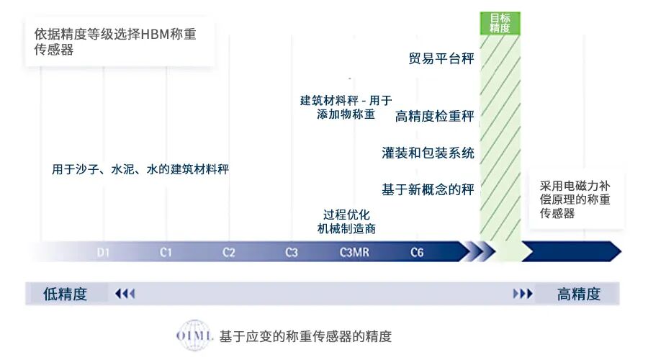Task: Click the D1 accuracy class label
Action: (104, 253)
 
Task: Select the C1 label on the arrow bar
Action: (166, 253)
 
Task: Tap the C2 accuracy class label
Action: (228, 253)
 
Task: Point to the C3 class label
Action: (291, 253)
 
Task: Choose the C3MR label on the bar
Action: (354, 253)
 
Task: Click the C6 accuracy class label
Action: (417, 253)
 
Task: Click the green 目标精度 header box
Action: (500, 23)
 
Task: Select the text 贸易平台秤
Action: (441, 59)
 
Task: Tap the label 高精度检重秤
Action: (434, 116)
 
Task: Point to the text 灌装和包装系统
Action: (428, 153)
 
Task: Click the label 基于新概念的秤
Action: (428, 189)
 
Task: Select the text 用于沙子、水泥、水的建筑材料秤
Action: (140, 170)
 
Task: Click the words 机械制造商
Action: (346, 229)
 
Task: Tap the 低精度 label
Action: (65, 294)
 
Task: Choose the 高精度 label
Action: (578, 294)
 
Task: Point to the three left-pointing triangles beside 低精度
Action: (125, 294)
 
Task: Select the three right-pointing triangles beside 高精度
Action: (523, 294)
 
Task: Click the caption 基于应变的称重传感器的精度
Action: (305, 336)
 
